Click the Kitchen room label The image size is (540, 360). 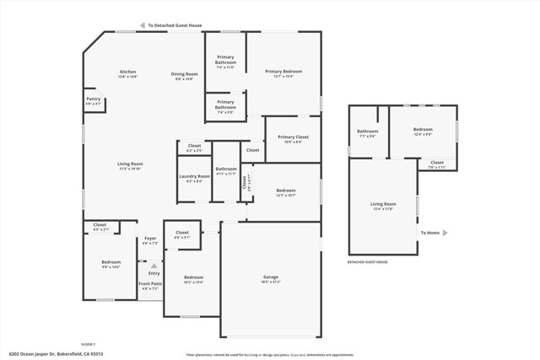(x=127, y=72)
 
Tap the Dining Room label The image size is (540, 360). (x=184, y=73)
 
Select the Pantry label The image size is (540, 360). (x=93, y=99)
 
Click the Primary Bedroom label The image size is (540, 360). (x=283, y=72)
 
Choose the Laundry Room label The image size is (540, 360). (x=193, y=176)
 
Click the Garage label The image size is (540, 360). (x=270, y=277)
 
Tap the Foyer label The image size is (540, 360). (x=150, y=239)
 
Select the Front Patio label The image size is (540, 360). (x=150, y=284)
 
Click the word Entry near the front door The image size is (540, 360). (x=154, y=273)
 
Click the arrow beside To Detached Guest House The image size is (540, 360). (x=142, y=26)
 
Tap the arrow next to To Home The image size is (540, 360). (x=445, y=233)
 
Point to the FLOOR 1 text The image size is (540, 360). (x=88, y=344)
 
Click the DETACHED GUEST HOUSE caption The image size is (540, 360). (x=368, y=262)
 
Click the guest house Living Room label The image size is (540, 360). (x=383, y=203)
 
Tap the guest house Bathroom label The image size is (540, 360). (x=367, y=131)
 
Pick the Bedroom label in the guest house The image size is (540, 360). (x=423, y=131)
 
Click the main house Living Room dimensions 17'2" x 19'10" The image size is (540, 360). (x=130, y=168)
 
